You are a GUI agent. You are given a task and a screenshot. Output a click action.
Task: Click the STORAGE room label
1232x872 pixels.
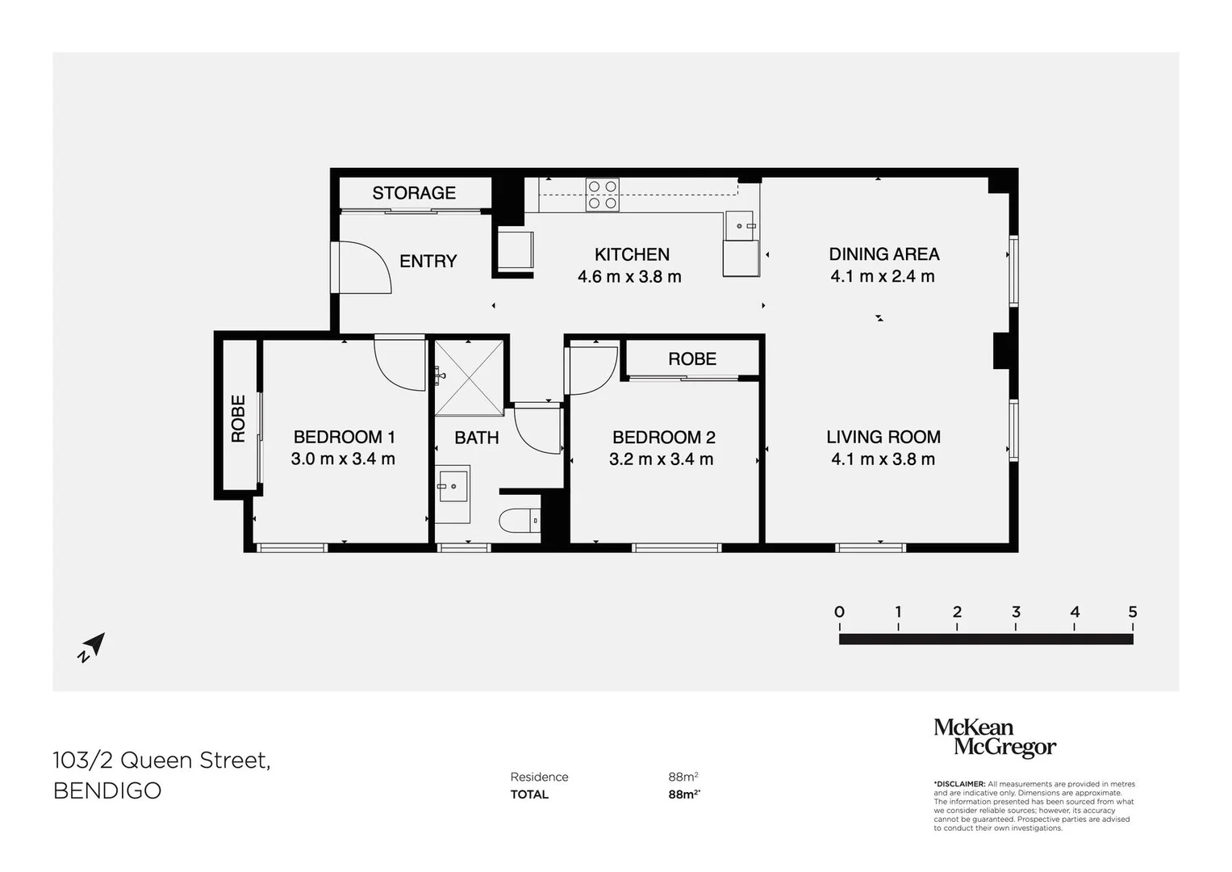[414, 193]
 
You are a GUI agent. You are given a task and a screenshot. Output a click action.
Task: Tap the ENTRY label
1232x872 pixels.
[428, 261]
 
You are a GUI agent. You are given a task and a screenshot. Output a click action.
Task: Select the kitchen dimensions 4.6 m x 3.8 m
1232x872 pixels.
[629, 277]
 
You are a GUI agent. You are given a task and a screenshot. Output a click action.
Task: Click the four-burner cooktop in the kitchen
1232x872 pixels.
[603, 195]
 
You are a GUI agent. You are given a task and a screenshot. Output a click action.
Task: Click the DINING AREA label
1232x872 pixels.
[883, 254]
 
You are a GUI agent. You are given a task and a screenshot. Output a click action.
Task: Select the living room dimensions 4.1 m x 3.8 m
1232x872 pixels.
[883, 459]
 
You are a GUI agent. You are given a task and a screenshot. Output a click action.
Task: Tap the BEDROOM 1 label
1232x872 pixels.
[344, 437]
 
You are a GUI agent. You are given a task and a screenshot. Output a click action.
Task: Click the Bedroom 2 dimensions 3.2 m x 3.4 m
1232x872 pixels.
[661, 459]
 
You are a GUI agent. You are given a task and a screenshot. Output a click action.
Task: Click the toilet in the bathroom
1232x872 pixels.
[520, 521]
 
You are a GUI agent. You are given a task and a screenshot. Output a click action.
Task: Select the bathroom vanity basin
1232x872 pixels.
[453, 484]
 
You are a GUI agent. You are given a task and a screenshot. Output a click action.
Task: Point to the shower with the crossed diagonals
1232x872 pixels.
[469, 377]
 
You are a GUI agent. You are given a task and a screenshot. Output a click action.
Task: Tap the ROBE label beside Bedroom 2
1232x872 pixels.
[691, 358]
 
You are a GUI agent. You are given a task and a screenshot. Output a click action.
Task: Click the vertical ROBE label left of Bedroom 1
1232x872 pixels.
[238, 418]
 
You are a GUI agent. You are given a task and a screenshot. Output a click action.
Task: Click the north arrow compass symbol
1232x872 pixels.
[92, 647]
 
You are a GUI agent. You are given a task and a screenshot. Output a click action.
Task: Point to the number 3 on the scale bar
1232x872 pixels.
[1016, 612]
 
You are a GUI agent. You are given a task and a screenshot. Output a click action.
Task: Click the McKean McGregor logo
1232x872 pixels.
[994, 738]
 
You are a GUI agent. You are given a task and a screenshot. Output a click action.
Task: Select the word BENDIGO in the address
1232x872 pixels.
[107, 790]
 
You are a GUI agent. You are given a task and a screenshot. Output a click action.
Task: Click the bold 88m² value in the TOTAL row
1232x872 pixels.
[683, 794]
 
